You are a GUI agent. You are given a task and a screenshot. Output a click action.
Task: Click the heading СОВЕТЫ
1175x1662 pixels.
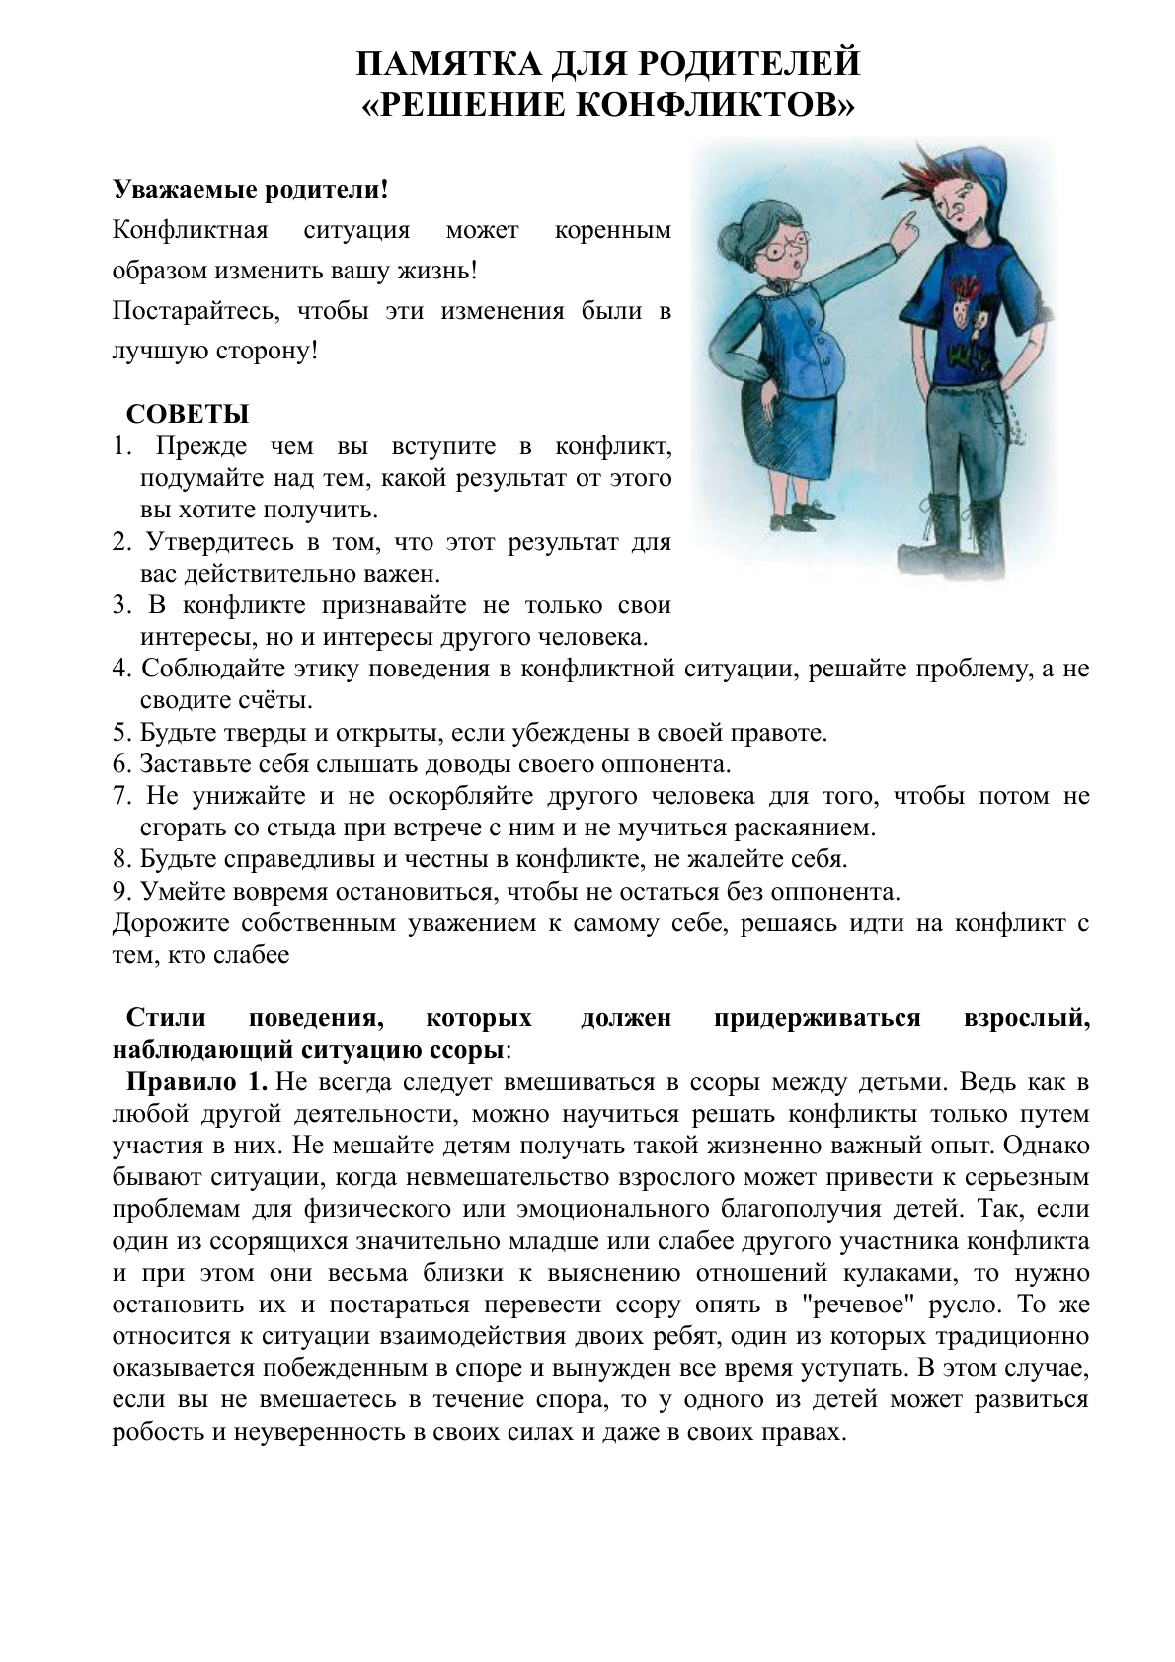[x=188, y=414]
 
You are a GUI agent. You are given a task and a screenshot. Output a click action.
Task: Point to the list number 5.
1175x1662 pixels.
[x=121, y=733]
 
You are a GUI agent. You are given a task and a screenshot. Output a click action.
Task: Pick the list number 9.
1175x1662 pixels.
[x=121, y=891]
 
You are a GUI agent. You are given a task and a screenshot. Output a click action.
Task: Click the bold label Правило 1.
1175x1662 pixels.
[x=196, y=1081]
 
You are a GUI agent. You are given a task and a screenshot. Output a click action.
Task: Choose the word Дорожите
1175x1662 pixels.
[x=170, y=923]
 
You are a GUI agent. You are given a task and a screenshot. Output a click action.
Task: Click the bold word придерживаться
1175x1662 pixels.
[x=816, y=1018]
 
